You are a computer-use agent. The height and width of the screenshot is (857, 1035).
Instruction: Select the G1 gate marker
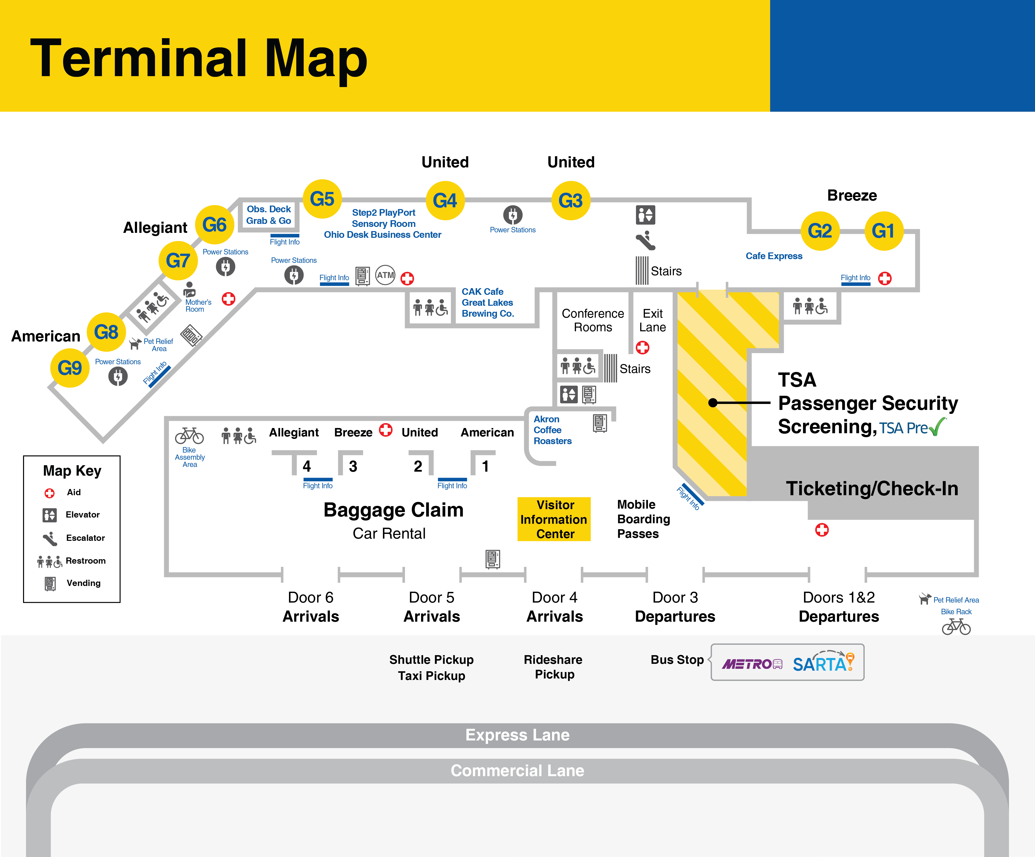point(884,231)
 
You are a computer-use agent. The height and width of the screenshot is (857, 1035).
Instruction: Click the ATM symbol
point(385,275)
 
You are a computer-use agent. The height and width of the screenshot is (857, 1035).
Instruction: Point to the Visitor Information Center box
point(554,519)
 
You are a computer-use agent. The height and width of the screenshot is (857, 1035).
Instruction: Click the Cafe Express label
point(774,256)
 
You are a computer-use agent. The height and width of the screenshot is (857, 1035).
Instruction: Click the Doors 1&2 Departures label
point(839,607)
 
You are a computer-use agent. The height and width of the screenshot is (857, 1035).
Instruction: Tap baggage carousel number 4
point(307,466)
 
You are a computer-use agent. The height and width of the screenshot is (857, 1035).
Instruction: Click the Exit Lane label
point(653,321)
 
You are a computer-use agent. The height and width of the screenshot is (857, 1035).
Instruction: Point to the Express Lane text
point(517,735)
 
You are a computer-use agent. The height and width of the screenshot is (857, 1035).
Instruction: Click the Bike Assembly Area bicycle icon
point(189,436)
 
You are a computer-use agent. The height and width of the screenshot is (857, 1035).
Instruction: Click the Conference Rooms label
point(593,321)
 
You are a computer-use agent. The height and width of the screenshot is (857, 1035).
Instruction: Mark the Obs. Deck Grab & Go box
point(269,215)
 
